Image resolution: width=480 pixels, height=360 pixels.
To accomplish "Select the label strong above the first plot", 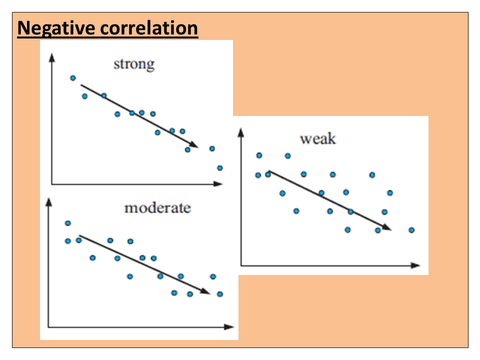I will [134, 64].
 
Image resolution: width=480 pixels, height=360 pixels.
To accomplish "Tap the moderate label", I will [157, 207].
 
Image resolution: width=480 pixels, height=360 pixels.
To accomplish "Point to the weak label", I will [317, 138].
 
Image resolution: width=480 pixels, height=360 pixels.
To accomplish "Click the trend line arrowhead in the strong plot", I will [195, 145].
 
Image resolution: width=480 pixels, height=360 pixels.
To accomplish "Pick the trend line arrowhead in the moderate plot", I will [206, 292].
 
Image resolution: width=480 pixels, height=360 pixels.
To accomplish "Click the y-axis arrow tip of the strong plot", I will [51, 55].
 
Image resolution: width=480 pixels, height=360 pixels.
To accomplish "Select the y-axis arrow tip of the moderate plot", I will [48, 199].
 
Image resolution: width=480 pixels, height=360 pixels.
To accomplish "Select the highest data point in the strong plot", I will [72, 78].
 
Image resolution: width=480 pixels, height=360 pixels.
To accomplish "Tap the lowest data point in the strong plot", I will [219, 168].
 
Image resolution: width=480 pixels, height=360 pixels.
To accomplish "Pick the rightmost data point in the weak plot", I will [411, 230].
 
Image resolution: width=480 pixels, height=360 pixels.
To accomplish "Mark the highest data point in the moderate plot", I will [68, 223].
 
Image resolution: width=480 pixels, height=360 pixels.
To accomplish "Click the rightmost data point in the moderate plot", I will [219, 294].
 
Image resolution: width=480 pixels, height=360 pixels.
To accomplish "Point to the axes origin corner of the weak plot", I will [241, 265].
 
